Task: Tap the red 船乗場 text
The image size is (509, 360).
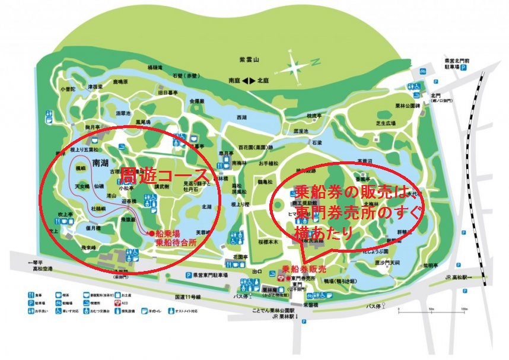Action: (x=170, y=234)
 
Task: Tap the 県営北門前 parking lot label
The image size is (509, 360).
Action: (x=457, y=60)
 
